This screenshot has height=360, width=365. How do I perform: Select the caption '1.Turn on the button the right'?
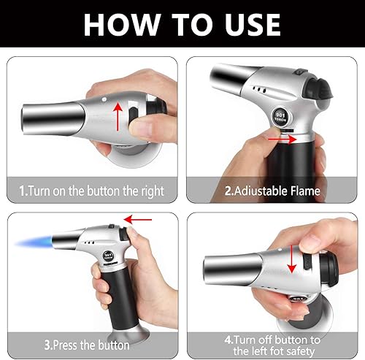(x=91, y=191)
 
